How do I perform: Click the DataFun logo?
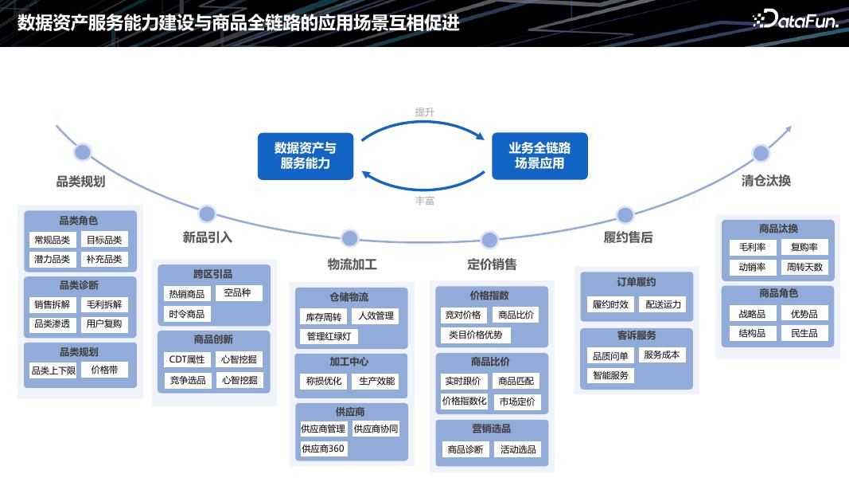tap(795, 21)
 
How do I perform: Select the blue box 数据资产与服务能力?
tap(305, 156)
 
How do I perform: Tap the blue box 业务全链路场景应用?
tap(539, 156)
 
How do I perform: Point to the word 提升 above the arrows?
tap(424, 112)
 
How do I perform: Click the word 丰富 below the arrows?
tap(424, 201)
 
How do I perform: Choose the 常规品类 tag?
tap(52, 240)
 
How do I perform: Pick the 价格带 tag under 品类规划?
tap(104, 370)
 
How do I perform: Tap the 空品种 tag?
tap(238, 293)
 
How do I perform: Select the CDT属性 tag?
tap(187, 359)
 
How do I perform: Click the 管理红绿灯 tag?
tap(329, 336)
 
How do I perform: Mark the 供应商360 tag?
tap(323, 449)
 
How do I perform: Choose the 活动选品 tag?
tap(518, 449)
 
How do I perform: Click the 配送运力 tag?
tap(663, 304)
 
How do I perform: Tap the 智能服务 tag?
tap(610, 375)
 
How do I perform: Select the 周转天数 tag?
tap(804, 267)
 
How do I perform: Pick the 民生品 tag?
tap(804, 333)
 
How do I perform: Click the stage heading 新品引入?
tap(207, 237)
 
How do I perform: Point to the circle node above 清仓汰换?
tap(761, 154)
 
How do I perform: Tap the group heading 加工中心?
tap(351, 362)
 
